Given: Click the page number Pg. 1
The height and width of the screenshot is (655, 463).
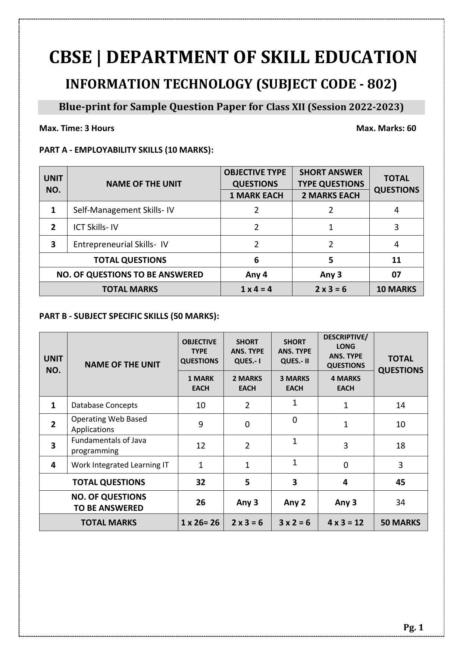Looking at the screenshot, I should pos(413,627).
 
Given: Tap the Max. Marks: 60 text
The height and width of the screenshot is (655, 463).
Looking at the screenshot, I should pos(386,128).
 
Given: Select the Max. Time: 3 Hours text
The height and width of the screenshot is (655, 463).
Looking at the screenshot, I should pos(77,128).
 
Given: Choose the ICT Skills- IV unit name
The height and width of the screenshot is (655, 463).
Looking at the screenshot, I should pos(96,227).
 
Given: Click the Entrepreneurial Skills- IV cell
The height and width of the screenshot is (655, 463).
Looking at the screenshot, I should pos(121,244).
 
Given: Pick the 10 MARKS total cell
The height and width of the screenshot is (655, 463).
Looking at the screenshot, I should pos(396,289).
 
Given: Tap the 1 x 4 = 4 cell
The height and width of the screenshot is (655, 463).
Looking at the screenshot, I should pos(256,289).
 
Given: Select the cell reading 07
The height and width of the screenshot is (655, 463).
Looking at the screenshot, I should pos(396,274).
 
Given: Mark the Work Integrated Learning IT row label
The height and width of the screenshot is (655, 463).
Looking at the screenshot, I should pos(120,465).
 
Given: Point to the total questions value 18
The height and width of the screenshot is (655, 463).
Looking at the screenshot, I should pos(400,445).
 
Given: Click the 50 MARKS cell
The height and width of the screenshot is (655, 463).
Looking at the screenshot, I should pos(400,522).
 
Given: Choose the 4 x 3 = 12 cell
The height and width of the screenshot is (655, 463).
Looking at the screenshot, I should pos(345,522).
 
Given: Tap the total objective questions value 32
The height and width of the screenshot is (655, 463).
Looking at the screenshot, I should pos(200,482).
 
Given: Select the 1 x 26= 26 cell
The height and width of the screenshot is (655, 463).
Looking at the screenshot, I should pos(200,522).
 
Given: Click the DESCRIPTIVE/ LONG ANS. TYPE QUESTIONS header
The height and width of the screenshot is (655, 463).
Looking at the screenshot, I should pos(345,351).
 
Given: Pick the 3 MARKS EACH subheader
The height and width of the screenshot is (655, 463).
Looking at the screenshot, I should pos(294,383).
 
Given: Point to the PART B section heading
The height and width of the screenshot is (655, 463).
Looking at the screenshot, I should pos(129,316).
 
